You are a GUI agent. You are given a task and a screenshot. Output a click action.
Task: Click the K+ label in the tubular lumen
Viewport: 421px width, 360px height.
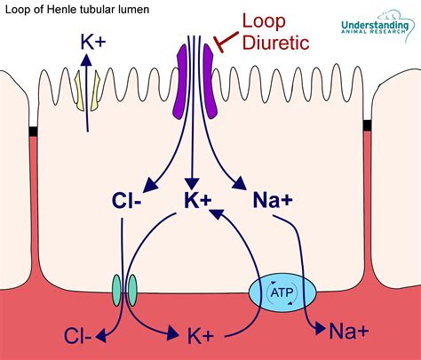point(93,42)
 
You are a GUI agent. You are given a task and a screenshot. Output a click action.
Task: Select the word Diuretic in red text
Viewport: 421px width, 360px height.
point(276,43)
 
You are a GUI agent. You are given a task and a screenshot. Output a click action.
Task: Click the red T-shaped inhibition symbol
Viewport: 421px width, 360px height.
point(226,42)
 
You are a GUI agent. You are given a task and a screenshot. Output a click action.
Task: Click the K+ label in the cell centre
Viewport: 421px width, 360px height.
point(198,200)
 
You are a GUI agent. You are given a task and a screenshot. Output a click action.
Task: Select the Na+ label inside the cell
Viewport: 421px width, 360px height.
point(273,200)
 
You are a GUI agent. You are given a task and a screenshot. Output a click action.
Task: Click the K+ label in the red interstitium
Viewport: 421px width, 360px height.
point(201,336)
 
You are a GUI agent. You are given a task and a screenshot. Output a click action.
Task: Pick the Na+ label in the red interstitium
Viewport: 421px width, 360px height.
point(349,331)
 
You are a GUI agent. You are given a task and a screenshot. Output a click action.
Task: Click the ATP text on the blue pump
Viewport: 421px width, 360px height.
point(282,292)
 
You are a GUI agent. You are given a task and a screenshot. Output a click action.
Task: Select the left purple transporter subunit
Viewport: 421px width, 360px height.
point(180,82)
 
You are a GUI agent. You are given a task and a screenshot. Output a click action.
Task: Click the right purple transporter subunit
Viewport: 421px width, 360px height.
point(210,82)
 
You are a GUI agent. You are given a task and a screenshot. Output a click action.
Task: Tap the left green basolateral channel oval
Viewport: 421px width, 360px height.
point(116,291)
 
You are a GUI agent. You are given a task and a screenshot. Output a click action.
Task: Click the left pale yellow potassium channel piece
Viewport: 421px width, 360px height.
point(79,91)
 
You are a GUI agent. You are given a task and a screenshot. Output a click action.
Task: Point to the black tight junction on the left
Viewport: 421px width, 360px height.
point(33,132)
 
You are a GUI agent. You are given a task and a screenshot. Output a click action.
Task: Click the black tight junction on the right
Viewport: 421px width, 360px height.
point(367,124)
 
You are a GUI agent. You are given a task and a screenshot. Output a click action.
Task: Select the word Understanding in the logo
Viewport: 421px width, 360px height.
point(375,25)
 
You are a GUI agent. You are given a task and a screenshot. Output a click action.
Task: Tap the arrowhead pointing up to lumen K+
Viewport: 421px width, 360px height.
point(86,60)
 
